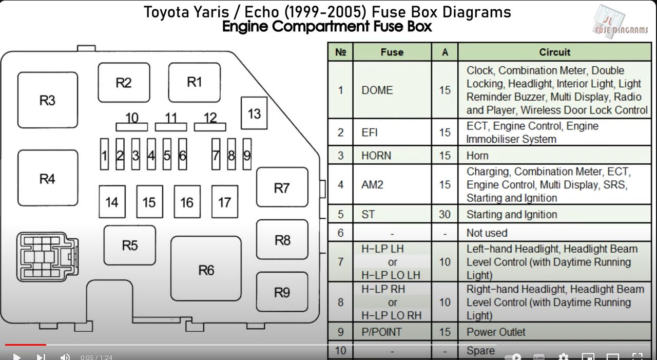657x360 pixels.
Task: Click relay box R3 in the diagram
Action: [x=48, y=100]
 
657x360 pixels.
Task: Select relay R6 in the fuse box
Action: [x=206, y=269]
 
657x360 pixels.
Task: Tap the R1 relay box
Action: [x=194, y=82]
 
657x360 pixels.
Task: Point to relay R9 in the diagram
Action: [x=282, y=292]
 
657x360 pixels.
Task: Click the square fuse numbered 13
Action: [x=254, y=113]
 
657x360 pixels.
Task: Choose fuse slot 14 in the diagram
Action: [x=112, y=202]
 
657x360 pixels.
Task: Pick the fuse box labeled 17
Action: [x=224, y=202]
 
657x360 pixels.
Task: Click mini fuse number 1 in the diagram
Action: [x=104, y=154]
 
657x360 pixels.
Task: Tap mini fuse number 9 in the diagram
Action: [x=247, y=154]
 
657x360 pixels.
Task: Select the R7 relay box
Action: [x=282, y=188]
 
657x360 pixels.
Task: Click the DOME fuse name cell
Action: [x=377, y=90]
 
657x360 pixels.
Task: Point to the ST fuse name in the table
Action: [x=368, y=214]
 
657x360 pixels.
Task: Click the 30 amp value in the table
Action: [x=445, y=214]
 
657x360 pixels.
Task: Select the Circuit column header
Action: [x=554, y=52]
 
